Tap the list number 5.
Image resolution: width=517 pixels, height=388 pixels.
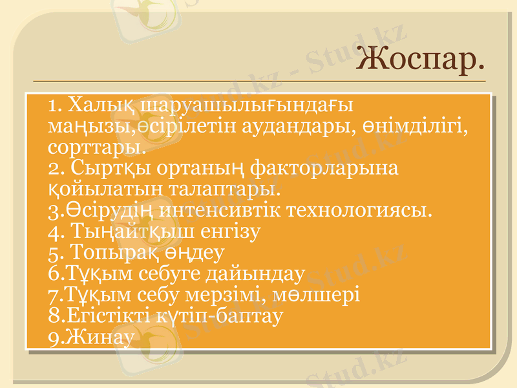(54, 252)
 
